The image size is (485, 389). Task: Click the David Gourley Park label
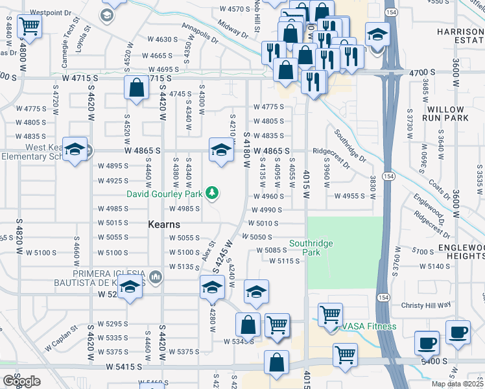(x=165, y=193)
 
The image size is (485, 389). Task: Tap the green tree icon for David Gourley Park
(x=211, y=193)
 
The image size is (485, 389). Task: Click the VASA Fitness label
(x=369, y=326)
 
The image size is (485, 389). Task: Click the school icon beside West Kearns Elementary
(x=75, y=151)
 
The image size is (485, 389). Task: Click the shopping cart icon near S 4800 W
(x=29, y=28)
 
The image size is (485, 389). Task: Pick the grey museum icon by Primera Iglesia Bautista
(x=154, y=278)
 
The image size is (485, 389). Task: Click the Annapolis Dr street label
(x=200, y=34)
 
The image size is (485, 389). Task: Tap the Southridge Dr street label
(x=349, y=147)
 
